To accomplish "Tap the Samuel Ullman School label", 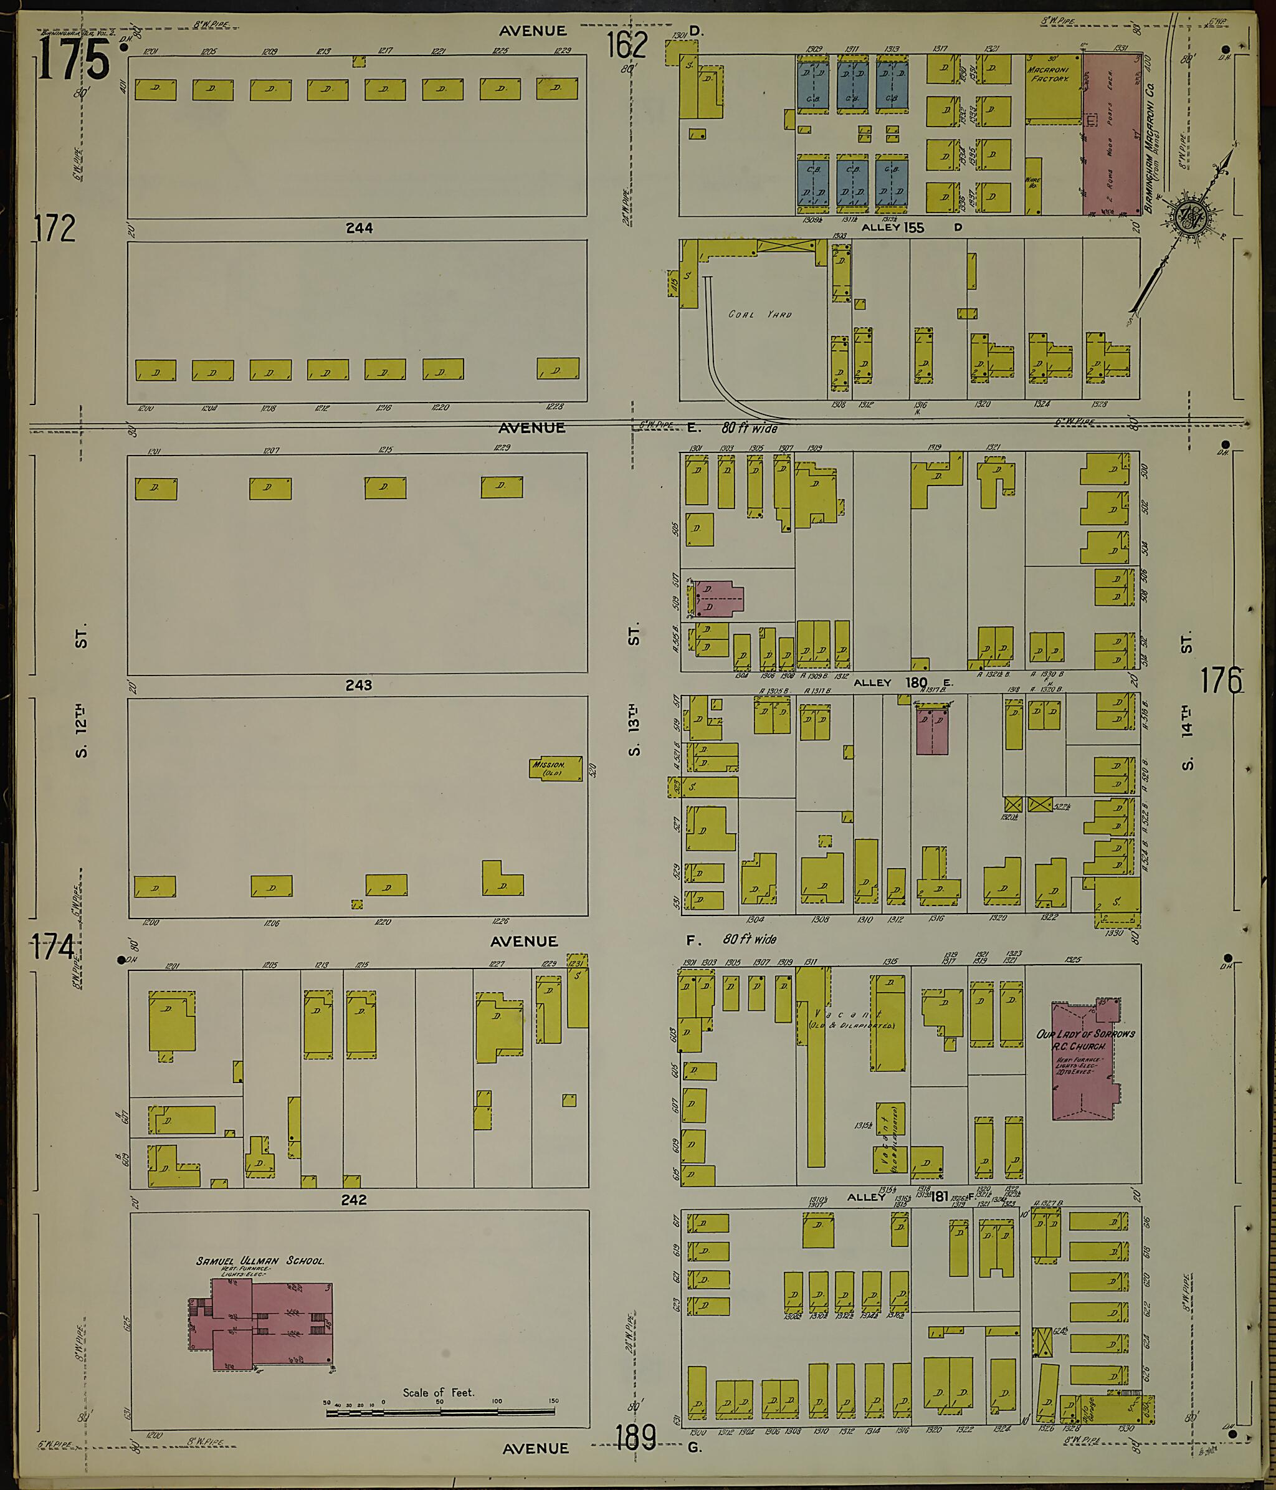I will tap(260, 1261).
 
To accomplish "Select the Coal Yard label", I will tap(760, 314).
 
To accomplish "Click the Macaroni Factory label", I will tap(1050, 74).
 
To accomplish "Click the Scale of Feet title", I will tap(439, 1393).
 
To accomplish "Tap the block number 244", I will tap(359, 228).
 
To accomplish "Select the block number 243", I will tap(358, 685).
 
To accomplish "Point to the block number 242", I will tap(354, 1200).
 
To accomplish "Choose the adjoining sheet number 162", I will tap(626, 45).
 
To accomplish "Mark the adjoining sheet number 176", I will tap(1220, 681).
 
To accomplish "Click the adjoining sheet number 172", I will tap(55, 228).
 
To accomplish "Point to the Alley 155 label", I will tap(893, 227).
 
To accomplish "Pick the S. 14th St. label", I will tap(1186, 704).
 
